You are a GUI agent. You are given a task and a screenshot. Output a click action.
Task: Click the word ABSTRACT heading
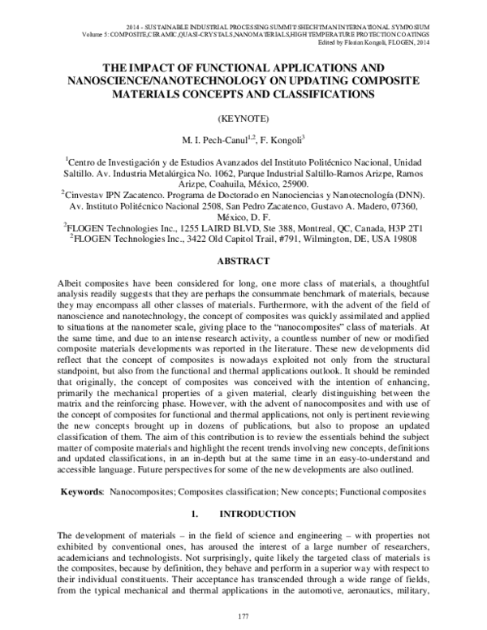[243, 263]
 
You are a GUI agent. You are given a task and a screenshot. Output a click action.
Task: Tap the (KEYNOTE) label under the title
[243, 117]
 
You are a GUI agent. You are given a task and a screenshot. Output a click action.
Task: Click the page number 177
[243, 619]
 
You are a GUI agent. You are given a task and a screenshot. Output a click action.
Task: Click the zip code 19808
[401, 240]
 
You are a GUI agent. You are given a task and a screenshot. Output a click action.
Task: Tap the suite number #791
[264, 240]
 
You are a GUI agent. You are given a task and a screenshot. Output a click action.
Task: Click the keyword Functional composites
[382, 492]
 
